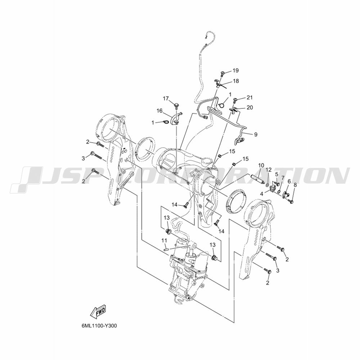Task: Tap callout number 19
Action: pos(235,71)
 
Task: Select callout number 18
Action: pos(235,81)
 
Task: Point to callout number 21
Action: pos(249,98)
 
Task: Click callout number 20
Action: pos(249,107)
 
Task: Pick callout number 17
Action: pos(166,99)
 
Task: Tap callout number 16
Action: pos(159,111)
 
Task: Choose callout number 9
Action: pos(256,134)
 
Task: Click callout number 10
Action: pos(261,165)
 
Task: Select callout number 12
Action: pos(269,170)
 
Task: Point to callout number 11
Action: pos(164,240)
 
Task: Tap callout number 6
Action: pos(289,181)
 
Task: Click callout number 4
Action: pos(261,194)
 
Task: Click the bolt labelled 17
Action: pos(176,107)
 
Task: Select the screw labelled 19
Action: pos(222,74)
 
